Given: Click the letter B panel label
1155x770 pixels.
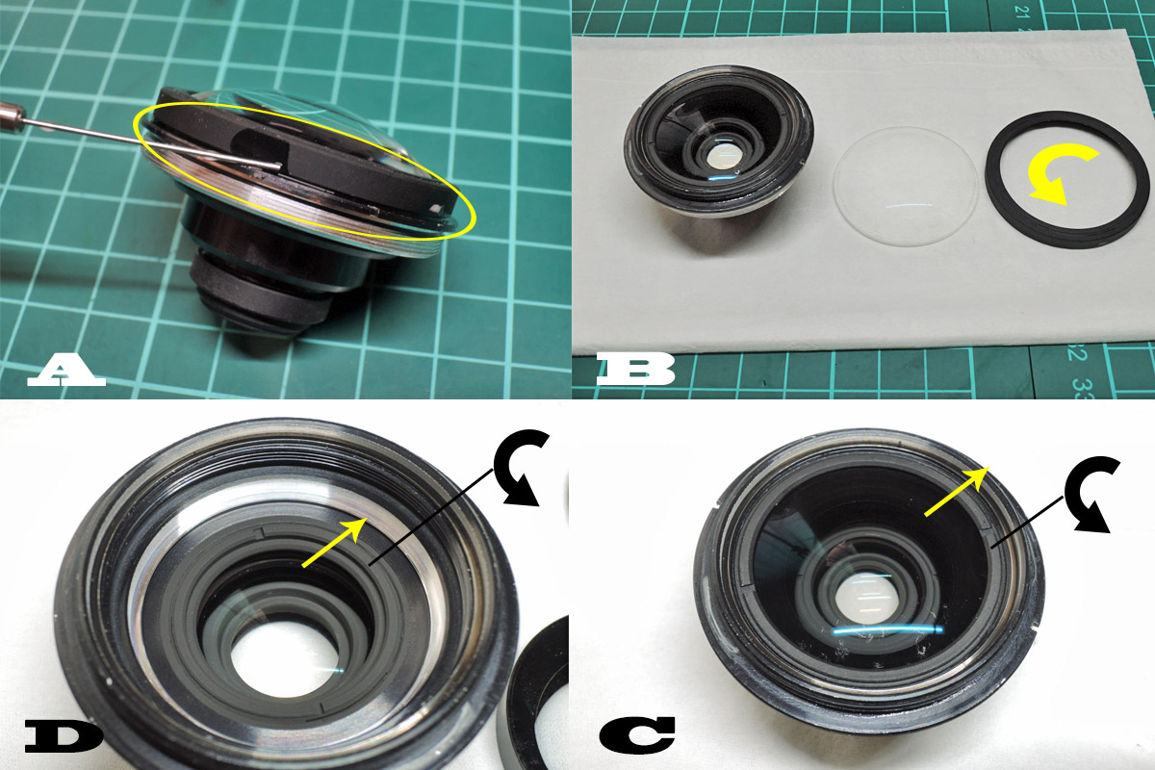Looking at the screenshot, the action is [636, 369].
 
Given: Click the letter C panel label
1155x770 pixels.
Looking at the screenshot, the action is [637, 733].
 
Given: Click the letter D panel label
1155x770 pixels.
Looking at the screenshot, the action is [64, 737].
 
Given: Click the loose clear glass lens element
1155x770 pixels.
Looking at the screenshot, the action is [905, 186].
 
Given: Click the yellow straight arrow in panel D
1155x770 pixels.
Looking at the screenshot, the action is [335, 543].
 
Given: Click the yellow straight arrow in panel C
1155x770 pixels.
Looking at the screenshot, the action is [957, 491].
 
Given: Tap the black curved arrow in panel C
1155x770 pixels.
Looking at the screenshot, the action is [1091, 495].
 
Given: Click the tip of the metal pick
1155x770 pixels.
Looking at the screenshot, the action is [280, 167].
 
